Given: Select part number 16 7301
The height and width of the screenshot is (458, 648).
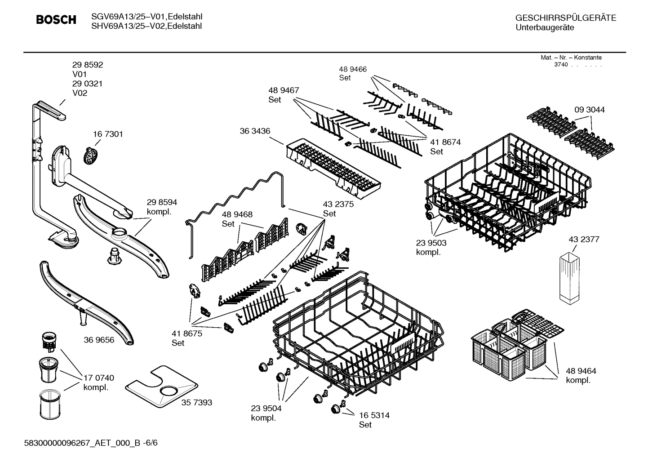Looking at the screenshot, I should [x=108, y=134].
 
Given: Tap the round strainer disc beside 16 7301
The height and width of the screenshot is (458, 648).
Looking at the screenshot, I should [x=91, y=155].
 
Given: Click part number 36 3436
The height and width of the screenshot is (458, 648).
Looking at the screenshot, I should [x=255, y=131].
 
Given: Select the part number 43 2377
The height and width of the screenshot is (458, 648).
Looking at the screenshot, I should [x=584, y=240].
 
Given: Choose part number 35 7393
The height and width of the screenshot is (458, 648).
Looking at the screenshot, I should [x=196, y=403].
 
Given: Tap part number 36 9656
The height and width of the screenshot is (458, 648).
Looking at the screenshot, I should [x=99, y=340].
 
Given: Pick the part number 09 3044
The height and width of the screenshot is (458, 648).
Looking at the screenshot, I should [x=589, y=110].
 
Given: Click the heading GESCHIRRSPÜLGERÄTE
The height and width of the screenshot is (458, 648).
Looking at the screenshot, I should [x=565, y=18].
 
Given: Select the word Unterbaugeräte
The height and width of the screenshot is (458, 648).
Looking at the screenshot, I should [x=544, y=28].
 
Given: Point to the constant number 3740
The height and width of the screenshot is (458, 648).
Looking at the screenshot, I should [x=561, y=65].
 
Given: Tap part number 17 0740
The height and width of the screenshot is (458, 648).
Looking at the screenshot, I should [x=99, y=378].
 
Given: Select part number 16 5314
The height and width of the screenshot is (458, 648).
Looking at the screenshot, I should [x=374, y=415].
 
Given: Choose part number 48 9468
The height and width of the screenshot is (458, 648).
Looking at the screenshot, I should [x=237, y=214].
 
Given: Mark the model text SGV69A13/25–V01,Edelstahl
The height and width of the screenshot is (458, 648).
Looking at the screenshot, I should [x=146, y=17].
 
